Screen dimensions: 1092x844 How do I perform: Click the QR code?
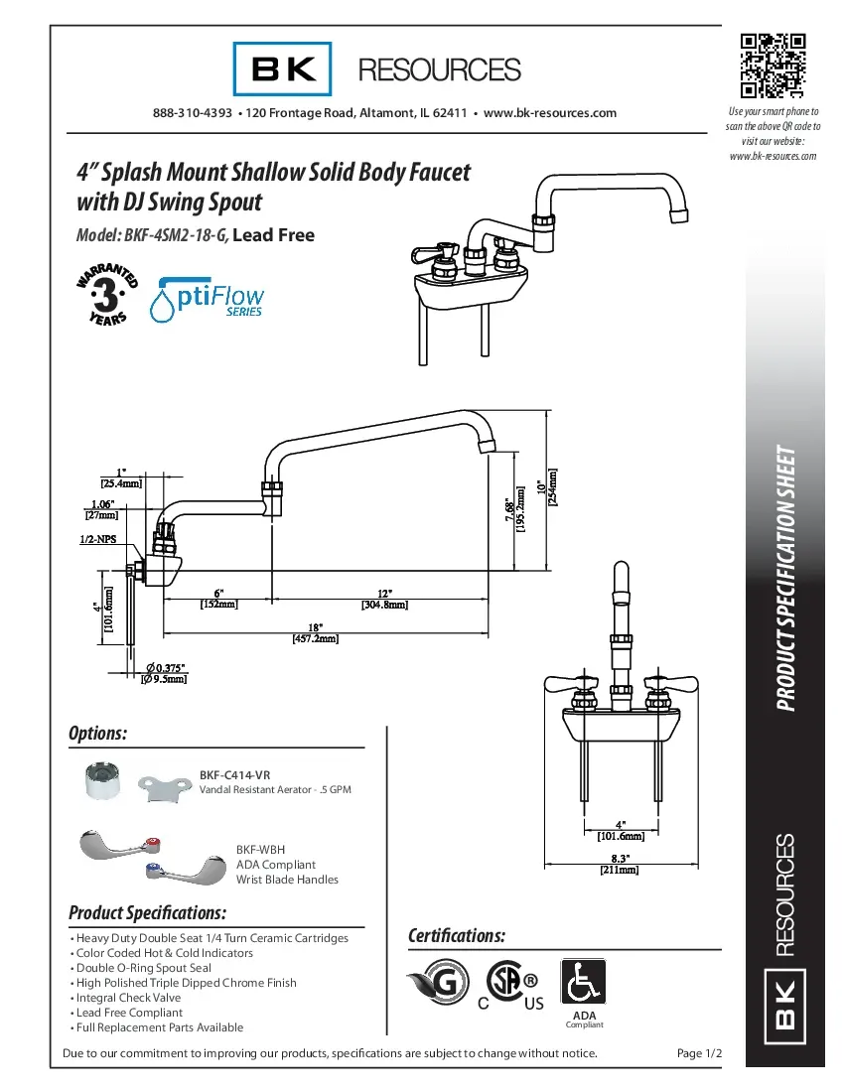[773, 67]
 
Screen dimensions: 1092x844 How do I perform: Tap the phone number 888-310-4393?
[193, 113]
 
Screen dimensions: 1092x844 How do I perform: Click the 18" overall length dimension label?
[315, 633]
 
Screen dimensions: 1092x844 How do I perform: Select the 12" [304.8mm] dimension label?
[382, 598]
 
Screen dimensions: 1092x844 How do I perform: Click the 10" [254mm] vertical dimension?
[547, 486]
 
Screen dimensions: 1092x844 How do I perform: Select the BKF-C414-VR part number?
[235, 774]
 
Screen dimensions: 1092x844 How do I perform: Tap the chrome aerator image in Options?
[104, 781]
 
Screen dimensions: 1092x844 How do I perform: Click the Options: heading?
[97, 734]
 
